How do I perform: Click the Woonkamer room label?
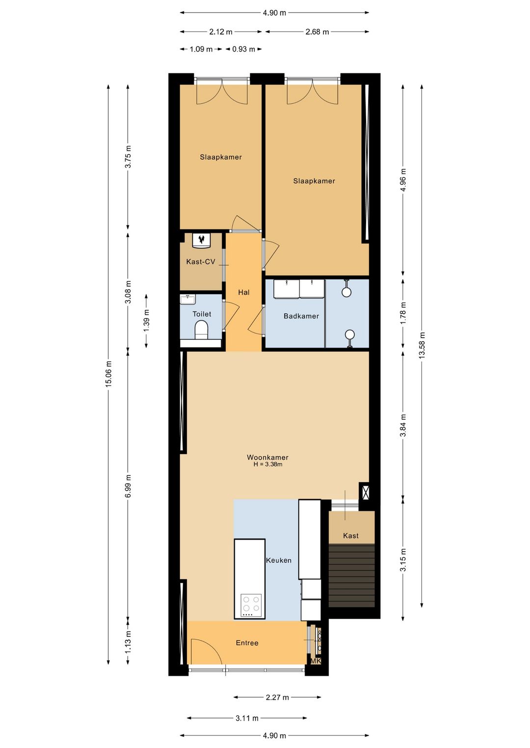point(267,457)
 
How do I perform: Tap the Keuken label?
point(279,560)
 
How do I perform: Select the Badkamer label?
point(301,316)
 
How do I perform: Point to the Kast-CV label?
point(201,262)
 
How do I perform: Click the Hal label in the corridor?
point(244,293)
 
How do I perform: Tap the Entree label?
point(247,643)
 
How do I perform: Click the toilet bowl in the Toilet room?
point(201,329)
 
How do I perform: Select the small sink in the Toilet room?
point(187,299)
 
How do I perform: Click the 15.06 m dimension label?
point(108,374)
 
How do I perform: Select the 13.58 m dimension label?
point(422,345)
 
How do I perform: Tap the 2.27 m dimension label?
point(277,697)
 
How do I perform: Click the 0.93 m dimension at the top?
point(244,50)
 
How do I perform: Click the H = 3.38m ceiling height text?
point(268,465)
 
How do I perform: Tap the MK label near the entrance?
point(316,661)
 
